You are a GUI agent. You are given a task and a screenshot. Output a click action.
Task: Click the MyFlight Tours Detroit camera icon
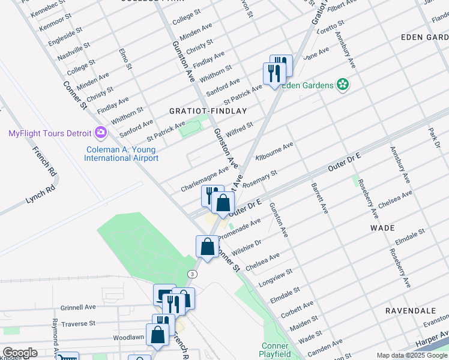(x=101, y=133)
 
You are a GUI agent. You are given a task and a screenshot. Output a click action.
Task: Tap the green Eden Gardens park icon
(x=343, y=85)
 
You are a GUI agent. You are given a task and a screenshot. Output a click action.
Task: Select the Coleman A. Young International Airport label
(x=121, y=154)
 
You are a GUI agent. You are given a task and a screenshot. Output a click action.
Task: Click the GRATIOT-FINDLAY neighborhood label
(x=208, y=111)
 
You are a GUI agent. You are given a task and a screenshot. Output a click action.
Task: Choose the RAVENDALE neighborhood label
(x=411, y=311)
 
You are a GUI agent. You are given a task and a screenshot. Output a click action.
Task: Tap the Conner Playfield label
(x=276, y=350)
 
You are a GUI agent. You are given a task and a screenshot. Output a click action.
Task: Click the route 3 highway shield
(x=191, y=274)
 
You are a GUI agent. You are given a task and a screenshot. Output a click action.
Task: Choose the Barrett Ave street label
(x=319, y=199)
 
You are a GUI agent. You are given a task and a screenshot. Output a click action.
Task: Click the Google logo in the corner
(x=19, y=353)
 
